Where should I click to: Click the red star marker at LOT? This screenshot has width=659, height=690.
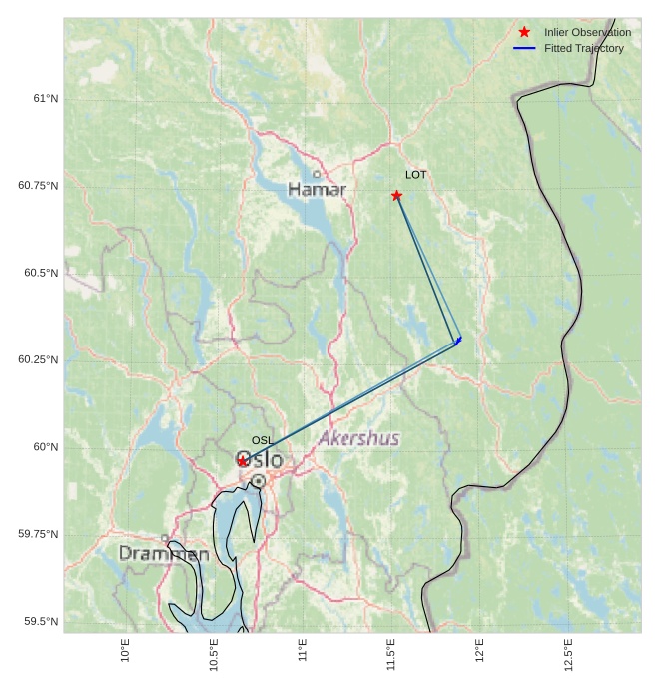(x=396, y=195)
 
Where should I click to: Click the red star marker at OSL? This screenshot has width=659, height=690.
(x=243, y=461)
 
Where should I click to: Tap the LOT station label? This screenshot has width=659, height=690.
(x=415, y=175)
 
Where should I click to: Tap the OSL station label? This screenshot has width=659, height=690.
(x=262, y=440)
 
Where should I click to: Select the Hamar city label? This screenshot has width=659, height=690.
(x=317, y=189)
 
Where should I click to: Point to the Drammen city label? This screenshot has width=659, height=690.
(x=164, y=553)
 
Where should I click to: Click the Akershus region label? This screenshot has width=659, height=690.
(x=358, y=438)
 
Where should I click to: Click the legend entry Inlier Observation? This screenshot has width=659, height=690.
(x=587, y=33)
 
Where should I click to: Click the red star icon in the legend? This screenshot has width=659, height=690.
(x=524, y=33)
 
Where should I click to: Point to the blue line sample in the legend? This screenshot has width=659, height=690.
(x=524, y=48)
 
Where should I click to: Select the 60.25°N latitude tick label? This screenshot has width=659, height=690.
(x=38, y=359)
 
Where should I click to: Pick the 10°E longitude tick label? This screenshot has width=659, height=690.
(x=125, y=650)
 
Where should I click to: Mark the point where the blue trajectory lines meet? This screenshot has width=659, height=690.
(x=458, y=342)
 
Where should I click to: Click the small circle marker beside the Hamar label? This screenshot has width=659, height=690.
(x=317, y=174)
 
